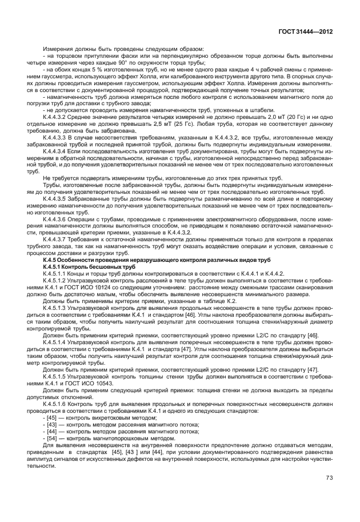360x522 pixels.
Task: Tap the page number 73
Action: pos(329,477)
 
